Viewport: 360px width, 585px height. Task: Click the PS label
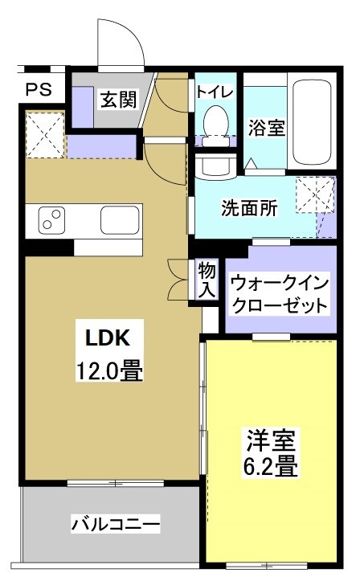38,89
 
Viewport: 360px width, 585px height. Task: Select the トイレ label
215,92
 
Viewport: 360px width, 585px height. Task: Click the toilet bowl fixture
215,124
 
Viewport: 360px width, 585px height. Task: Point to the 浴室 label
267,128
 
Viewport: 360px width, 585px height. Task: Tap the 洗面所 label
250,207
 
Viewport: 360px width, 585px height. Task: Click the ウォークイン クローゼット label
280,294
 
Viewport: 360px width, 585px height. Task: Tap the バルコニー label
116,526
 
